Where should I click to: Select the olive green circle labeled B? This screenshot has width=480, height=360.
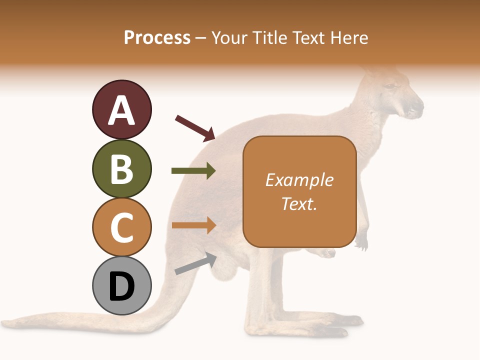coord(121,168)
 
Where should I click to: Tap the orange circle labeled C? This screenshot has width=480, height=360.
coord(121,227)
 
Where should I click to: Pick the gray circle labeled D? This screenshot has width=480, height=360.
coord(121,285)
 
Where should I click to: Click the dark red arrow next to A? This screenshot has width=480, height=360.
coord(195,127)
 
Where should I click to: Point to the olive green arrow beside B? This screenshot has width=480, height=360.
coord(193,171)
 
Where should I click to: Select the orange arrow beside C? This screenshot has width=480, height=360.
coord(193,225)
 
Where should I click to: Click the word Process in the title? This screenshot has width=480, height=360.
coord(157,37)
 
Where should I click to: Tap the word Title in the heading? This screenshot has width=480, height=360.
coord(271,37)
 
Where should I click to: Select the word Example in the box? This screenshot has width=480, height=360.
coord(299,180)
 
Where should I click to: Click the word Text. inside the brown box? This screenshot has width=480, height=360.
coord(299,204)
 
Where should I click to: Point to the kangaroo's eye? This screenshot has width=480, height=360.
coord(389,86)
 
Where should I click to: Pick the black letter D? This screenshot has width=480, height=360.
coord(121,286)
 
